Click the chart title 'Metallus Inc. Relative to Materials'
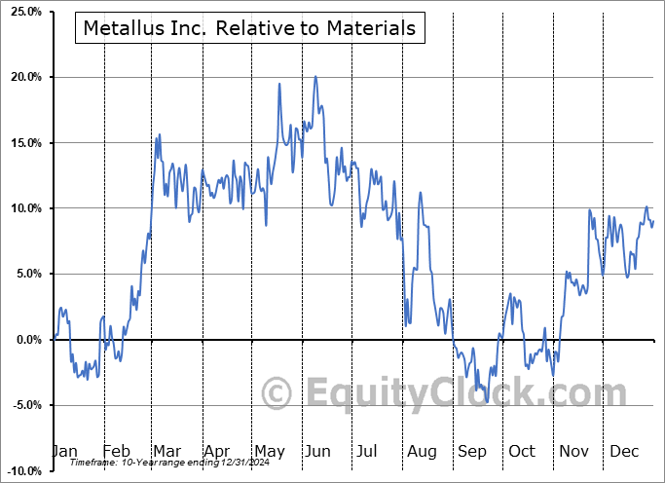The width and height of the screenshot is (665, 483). (249, 28)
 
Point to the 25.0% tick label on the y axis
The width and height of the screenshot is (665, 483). (21, 12)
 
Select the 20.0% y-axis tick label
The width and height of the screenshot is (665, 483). (21, 77)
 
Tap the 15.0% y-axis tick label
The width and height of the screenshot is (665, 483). (21, 143)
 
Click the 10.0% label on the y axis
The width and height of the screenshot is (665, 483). (21, 208)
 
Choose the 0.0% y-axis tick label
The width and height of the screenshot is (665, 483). (24, 340)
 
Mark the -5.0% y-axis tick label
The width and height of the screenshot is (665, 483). (22, 405)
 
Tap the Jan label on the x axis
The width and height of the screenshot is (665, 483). (64, 452)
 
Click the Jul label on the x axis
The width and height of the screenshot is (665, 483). (367, 452)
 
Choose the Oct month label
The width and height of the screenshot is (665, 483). (521, 452)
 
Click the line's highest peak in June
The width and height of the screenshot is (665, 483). (315, 76)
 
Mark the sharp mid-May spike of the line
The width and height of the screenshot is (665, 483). (279, 84)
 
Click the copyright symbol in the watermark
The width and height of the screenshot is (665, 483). (278, 393)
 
